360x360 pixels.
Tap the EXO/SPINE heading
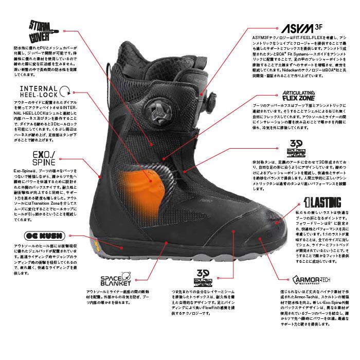pyautogui.click(x=32, y=158)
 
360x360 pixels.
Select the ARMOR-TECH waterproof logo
pyautogui.click(x=311, y=280)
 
